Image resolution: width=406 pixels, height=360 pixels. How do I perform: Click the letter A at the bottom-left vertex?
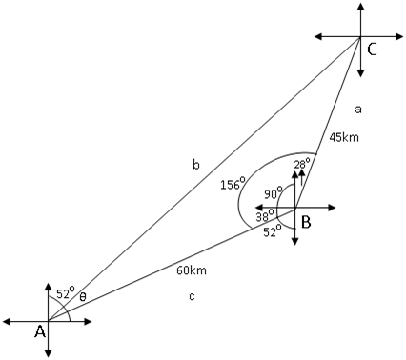pos(40,331)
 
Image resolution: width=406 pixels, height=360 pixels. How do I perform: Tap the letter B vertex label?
pos(306,223)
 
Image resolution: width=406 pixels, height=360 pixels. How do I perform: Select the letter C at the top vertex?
pos(373,51)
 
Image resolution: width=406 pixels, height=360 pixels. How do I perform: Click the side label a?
pos(357,109)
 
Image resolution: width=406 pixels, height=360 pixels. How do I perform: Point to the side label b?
pos(195,165)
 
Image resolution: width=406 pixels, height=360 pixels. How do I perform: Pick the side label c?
pos(193,297)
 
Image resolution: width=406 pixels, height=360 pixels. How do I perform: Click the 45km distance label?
pos(344,136)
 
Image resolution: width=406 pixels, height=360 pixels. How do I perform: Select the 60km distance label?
pos(192,270)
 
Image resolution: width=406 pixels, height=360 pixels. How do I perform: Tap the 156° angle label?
pos(233,184)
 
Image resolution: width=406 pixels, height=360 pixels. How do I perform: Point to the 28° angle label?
pos(301,163)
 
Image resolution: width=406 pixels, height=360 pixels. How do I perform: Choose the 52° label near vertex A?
pos(65,293)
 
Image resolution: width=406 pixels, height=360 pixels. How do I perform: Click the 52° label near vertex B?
pos(271,231)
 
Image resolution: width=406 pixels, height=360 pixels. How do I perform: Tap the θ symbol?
pos(82,296)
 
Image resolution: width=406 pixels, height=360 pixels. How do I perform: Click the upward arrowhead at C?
pos(360,6)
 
